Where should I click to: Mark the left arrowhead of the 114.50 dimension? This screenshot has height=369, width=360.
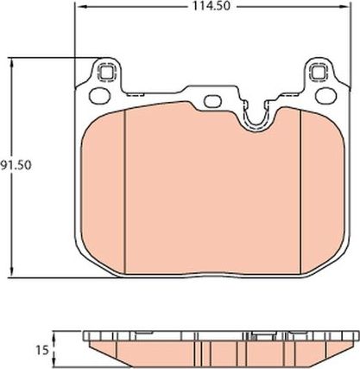click(x=78, y=7)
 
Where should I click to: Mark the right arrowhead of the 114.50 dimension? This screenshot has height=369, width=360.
click(x=348, y=7)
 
